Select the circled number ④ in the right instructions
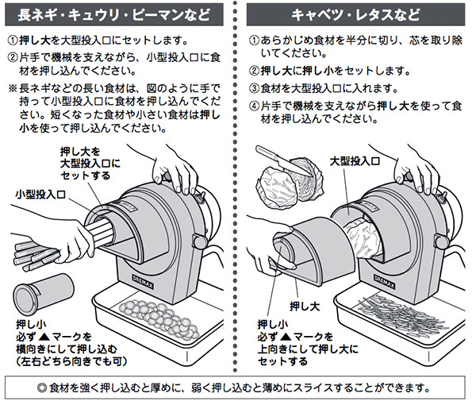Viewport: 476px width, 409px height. point(255,104)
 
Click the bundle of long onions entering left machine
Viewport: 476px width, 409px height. point(63,238)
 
